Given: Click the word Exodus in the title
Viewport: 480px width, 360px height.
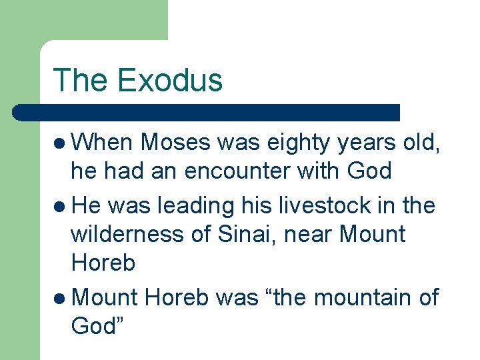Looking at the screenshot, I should (x=169, y=80).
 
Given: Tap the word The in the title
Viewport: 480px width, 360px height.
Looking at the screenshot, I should (x=80, y=80).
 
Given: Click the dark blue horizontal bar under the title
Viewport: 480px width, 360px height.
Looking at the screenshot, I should (x=206, y=113).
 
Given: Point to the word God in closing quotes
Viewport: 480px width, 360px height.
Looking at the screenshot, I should (x=99, y=326).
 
